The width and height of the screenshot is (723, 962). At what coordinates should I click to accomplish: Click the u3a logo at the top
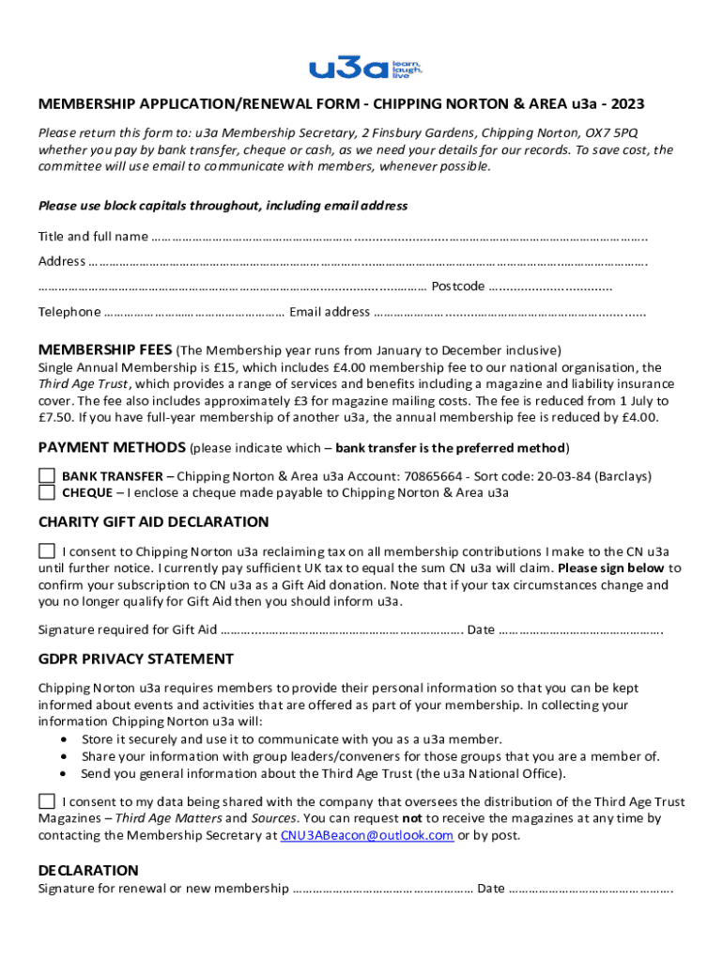366,67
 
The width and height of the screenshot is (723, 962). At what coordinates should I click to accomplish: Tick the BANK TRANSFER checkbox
47,475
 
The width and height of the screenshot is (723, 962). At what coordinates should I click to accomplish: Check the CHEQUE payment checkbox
47,492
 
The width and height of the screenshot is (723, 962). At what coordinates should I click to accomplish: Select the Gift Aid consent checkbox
47,551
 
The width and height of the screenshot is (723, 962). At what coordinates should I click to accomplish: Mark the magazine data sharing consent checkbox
47,801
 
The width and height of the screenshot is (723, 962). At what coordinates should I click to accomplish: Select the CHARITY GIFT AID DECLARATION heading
153,521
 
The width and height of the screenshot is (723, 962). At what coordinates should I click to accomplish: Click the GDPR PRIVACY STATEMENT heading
135,659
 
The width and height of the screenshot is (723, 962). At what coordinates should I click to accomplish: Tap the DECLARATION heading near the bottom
88,870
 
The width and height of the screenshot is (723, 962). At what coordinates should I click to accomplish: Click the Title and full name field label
92,236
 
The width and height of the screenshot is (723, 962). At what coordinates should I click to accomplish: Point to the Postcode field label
457,287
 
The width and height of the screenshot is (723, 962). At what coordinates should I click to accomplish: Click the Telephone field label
69,312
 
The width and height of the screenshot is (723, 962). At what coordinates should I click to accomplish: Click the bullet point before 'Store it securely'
63,739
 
